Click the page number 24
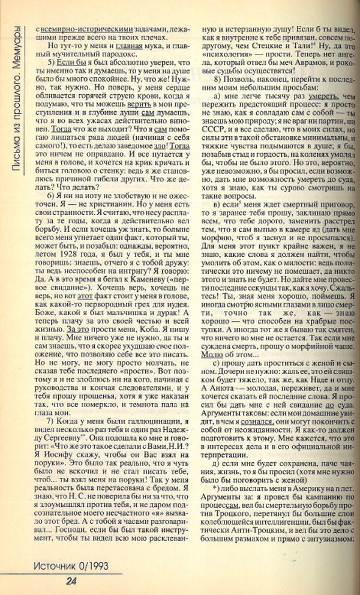point(70,580)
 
